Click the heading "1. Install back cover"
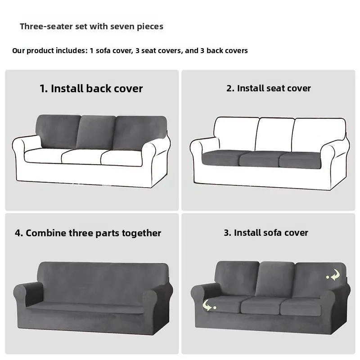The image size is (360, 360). (x=91, y=89)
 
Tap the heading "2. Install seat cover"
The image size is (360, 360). (x=268, y=88)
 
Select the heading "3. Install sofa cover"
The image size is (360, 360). (x=266, y=233)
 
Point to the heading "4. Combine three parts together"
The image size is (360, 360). (x=88, y=233)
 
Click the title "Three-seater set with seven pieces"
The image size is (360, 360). (x=91, y=27)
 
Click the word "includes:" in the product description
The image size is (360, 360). (x=71, y=50)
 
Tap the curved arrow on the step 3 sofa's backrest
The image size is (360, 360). (x=333, y=275)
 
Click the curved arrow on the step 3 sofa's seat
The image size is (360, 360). (x=207, y=306)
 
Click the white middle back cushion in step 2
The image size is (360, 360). (x=274, y=134)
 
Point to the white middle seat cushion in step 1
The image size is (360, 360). (x=81, y=156)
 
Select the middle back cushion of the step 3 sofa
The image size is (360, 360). (x=274, y=279)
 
